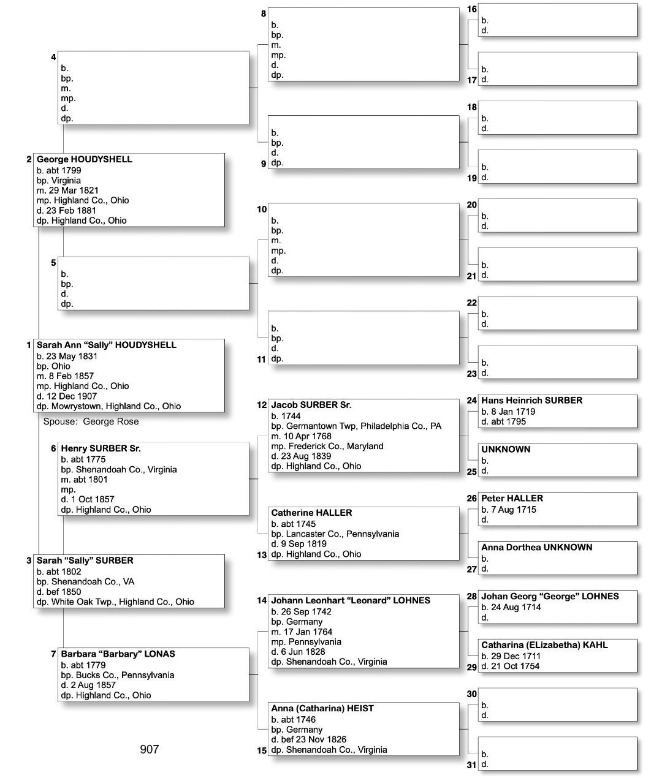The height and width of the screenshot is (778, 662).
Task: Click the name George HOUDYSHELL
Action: tap(84, 159)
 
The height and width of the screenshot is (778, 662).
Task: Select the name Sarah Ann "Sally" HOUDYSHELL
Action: tap(106, 345)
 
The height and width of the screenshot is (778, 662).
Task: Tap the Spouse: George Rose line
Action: tap(91, 421)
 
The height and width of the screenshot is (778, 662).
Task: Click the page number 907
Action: tap(149, 749)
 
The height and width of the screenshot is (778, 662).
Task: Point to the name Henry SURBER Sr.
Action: tap(101, 448)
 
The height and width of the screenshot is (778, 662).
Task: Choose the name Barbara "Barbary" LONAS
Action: tap(118, 654)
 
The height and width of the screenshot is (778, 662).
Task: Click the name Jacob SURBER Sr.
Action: tap(311, 405)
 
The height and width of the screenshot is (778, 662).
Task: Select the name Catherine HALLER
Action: tap(311, 513)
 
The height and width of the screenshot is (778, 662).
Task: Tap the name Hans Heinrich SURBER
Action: tap(531, 401)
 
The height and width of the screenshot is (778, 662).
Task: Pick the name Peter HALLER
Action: tap(512, 499)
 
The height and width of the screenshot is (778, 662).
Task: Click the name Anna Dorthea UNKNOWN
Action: tap(536, 547)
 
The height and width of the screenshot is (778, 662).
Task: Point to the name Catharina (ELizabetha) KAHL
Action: tap(544, 645)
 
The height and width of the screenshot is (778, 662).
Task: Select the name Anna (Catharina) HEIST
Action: tap(322, 708)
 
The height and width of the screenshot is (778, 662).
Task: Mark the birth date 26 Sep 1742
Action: tap(301, 611)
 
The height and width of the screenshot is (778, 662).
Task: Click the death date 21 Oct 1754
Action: tap(510, 666)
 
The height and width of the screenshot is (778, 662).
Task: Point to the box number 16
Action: tap(471, 9)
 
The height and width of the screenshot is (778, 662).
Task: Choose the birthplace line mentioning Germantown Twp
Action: tap(356, 426)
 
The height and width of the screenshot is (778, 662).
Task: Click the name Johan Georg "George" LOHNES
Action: tap(550, 596)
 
